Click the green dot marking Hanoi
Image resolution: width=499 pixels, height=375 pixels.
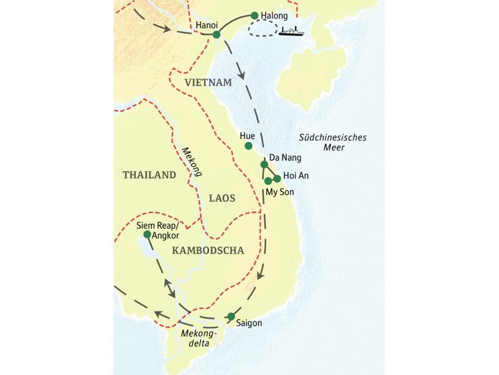[216, 34]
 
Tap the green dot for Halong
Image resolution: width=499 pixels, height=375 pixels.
[254, 15]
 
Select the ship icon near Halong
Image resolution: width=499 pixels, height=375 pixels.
[291, 31]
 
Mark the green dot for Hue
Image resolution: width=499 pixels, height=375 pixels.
[248, 146]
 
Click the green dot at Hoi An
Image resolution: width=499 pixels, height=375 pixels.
[277, 178]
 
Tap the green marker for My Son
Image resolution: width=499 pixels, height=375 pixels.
[268, 181]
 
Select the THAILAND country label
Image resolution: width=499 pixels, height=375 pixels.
[150, 176]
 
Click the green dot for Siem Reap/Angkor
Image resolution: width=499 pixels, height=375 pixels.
[147, 234]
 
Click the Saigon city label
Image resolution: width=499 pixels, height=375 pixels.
[249, 324]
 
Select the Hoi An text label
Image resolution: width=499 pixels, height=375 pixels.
[296, 176]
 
